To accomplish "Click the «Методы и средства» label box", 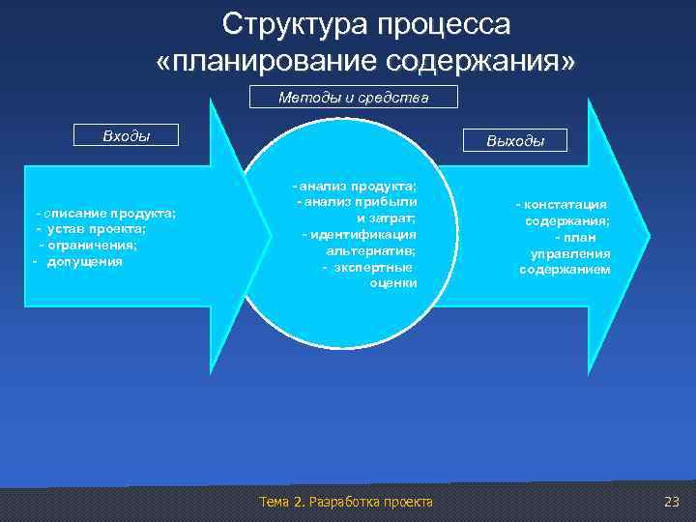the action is click(353, 98).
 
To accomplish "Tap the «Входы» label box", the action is click(127, 135).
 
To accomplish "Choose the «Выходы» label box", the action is click(515, 141).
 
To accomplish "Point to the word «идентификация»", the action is click(363, 234).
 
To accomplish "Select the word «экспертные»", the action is click(373, 267).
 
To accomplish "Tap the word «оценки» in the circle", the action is click(392, 283).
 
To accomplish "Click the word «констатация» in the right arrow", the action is click(565, 205).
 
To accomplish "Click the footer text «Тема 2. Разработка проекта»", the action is click(346, 501).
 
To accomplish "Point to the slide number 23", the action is click(673, 501).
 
